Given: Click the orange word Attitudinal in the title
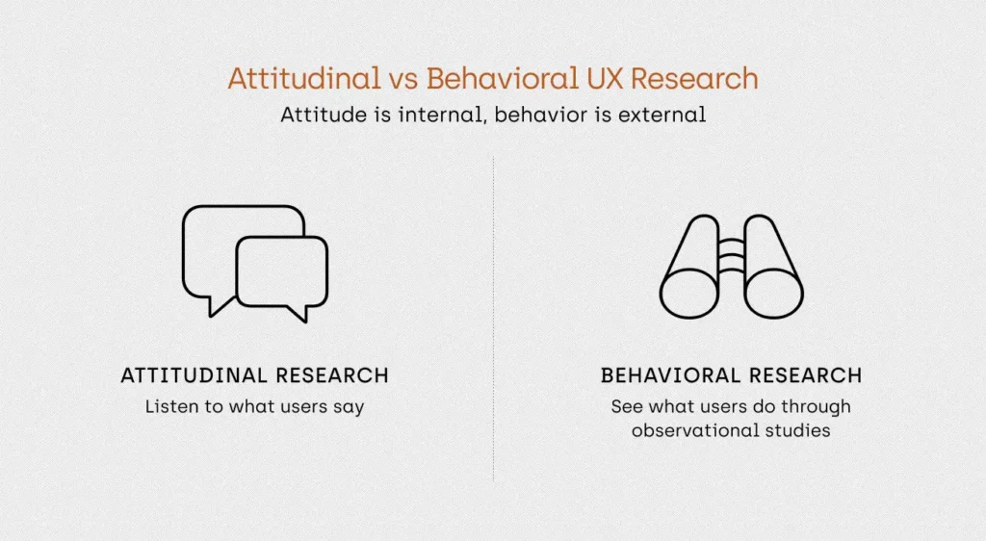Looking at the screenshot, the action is click(x=304, y=79).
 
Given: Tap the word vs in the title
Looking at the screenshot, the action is click(x=403, y=80).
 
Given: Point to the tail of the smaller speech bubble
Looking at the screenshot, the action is click(x=298, y=313).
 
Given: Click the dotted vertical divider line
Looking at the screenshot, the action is click(x=493, y=319).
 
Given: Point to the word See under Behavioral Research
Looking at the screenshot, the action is click(x=627, y=406).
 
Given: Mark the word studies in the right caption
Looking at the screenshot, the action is click(x=797, y=430).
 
